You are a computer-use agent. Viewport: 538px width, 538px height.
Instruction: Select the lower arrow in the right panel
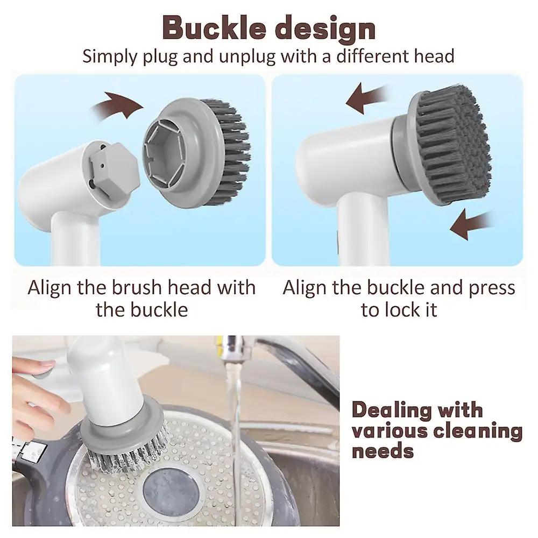click(x=472, y=225)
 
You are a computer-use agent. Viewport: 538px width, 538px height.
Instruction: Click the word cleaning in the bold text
click(x=478, y=430)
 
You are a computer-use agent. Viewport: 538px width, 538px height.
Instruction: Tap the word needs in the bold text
click(x=383, y=451)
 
